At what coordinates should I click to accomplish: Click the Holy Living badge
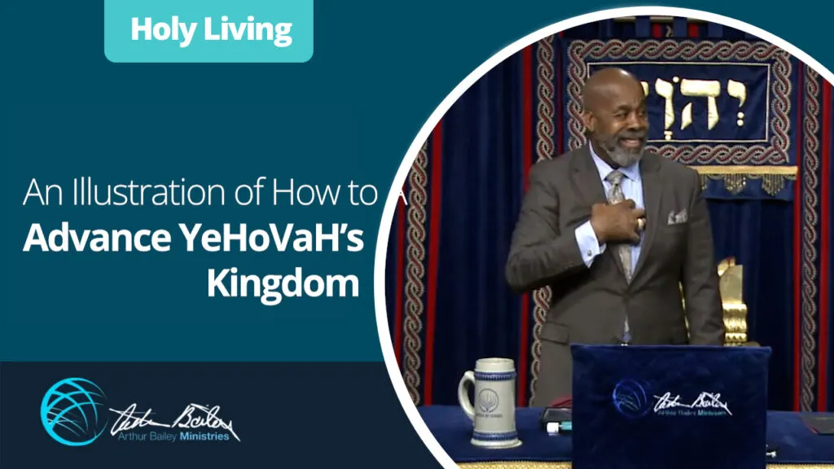point(209,30)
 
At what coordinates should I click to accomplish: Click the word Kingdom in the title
point(283,283)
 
